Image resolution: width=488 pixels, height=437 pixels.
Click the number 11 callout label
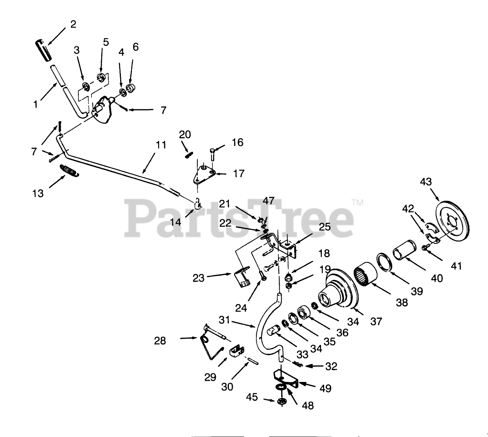click(161, 144)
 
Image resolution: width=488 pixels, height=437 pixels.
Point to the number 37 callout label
click(376, 321)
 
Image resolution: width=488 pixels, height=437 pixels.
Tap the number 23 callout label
click(199, 278)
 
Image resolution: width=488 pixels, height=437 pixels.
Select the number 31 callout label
click(224, 320)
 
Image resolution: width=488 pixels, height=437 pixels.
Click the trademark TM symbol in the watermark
click(357, 203)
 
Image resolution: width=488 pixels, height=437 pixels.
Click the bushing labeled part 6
click(132, 86)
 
